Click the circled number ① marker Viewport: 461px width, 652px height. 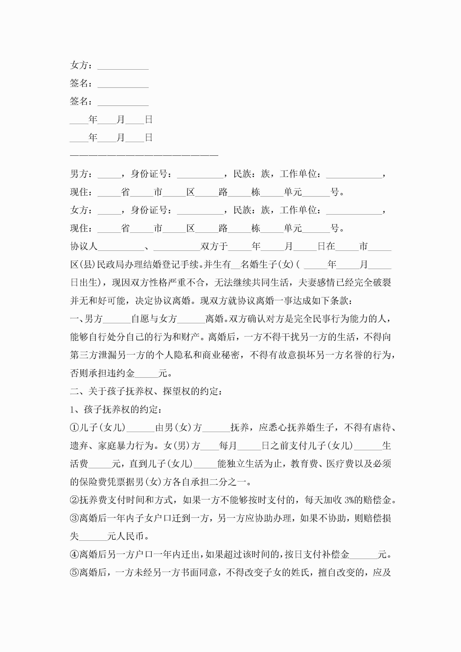pos(74,427)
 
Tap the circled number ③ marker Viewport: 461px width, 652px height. pos(74,518)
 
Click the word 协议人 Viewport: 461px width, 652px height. pos(84,246)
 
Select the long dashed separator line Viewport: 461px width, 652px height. pos(144,155)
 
